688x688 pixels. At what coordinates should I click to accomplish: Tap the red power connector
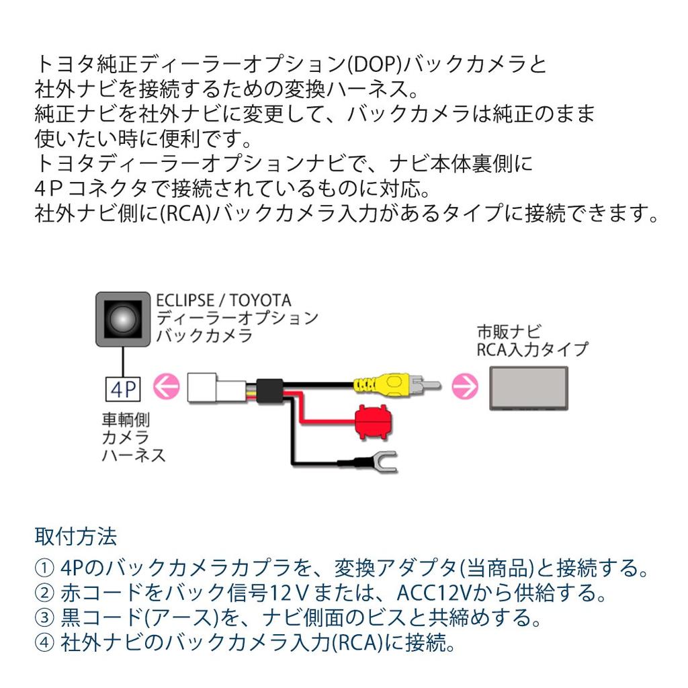(374, 422)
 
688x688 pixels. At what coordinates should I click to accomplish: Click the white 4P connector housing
(216, 388)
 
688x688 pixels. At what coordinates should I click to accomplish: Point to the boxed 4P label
(123, 389)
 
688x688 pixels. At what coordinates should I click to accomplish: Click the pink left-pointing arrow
(167, 386)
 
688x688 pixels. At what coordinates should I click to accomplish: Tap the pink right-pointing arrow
(465, 386)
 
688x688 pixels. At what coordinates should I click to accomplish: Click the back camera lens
(123, 319)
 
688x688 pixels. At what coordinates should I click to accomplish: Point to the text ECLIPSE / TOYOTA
(223, 300)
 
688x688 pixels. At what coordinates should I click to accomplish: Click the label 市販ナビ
(509, 332)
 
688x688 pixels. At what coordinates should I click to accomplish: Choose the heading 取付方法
(76, 536)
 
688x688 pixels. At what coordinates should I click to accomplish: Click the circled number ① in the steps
(45, 568)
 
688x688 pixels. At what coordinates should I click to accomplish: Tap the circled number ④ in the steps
(45, 643)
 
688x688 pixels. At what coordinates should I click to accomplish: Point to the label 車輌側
(126, 420)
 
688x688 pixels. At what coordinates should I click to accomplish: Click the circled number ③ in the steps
(45, 618)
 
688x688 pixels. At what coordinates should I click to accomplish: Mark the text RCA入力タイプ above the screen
(532, 349)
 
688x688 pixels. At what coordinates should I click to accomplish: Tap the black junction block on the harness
(269, 390)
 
